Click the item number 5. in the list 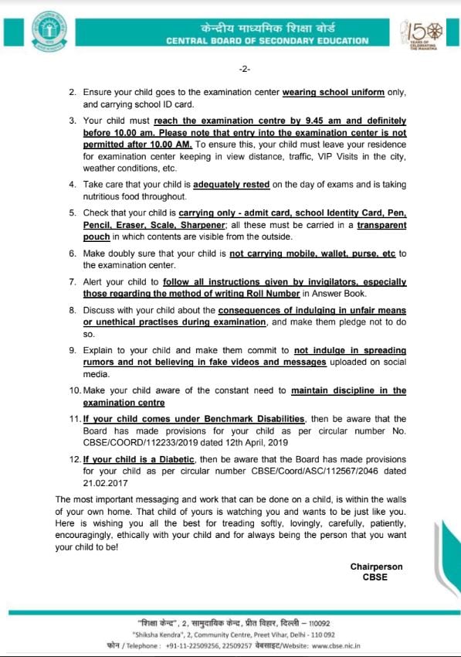pos(72,213)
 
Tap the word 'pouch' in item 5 pos(96,237)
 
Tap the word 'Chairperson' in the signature pos(376,567)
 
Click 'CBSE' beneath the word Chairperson pos(376,577)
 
